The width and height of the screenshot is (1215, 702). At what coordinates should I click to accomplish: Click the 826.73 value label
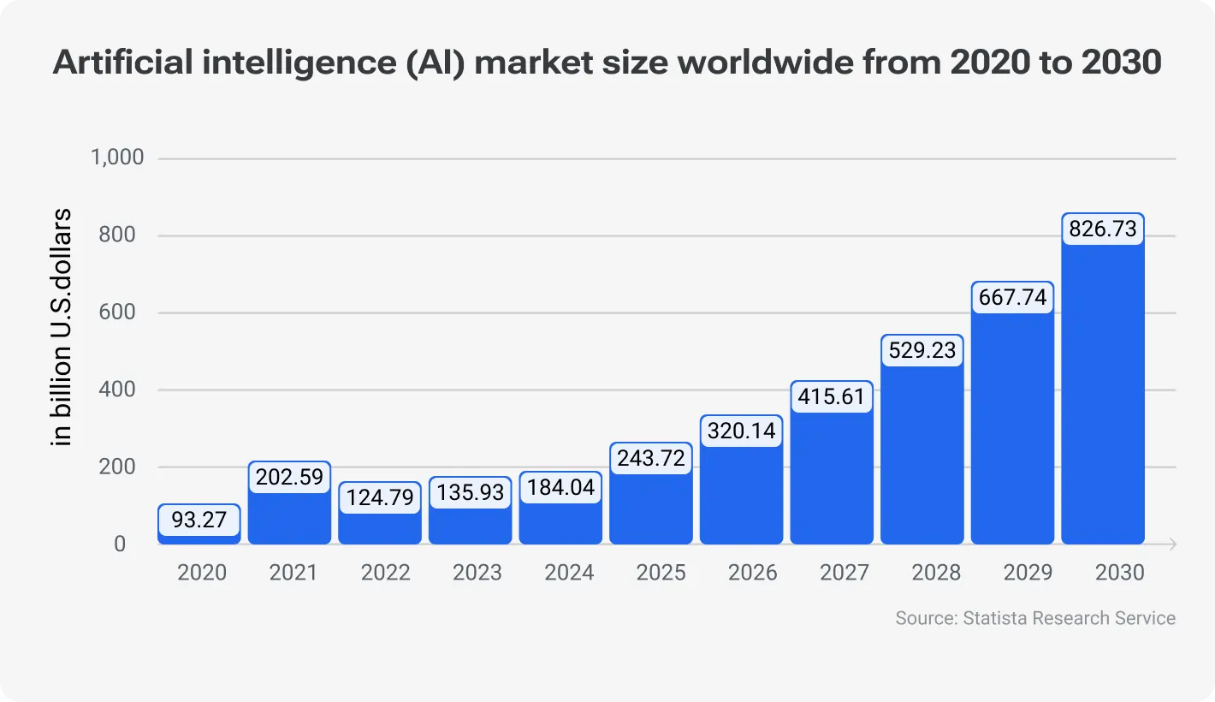pyautogui.click(x=1103, y=229)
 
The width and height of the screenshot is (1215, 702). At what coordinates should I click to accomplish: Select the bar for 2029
pyautogui.click(x=1012, y=428)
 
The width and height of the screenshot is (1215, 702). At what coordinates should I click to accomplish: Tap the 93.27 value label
pyautogui.click(x=199, y=520)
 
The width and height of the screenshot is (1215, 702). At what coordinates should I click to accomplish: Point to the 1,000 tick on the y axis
pyautogui.click(x=118, y=158)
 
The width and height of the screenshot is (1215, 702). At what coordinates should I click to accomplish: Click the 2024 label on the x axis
pyautogui.click(x=569, y=573)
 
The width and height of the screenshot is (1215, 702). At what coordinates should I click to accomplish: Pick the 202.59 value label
pyautogui.click(x=289, y=477)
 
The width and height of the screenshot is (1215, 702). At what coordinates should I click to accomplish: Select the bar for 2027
pyautogui.click(x=832, y=479)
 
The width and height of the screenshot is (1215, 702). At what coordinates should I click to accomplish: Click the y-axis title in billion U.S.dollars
pyautogui.click(x=62, y=327)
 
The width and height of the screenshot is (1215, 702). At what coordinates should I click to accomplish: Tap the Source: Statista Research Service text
pyautogui.click(x=1035, y=618)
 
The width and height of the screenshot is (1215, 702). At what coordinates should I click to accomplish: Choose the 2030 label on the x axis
pyautogui.click(x=1119, y=573)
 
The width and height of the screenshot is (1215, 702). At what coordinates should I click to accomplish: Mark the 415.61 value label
pyautogui.click(x=832, y=396)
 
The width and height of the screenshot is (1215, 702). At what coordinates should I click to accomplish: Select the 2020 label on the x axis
pyautogui.click(x=202, y=573)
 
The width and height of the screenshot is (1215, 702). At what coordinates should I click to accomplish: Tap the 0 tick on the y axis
pyautogui.click(x=120, y=544)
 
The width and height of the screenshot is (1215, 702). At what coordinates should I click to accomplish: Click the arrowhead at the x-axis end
pyautogui.click(x=1171, y=544)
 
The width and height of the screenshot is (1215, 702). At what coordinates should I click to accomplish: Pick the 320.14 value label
pyautogui.click(x=741, y=431)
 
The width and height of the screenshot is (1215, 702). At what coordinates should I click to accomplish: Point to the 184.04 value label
pyautogui.click(x=560, y=489)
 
